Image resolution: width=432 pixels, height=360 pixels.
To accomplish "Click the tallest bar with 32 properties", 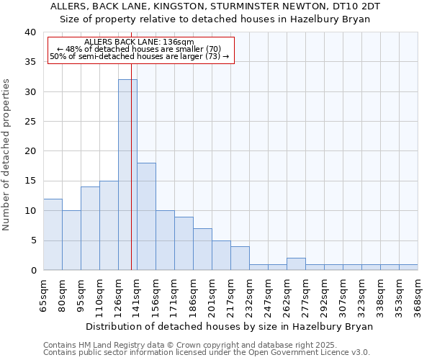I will (127, 175).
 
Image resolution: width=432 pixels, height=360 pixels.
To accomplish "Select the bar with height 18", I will (146, 216).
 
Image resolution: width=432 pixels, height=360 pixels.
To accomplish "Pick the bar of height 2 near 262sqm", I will (296, 264).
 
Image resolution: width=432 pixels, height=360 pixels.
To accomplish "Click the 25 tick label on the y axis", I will (30, 122).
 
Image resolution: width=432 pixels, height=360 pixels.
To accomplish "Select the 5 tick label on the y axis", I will (33, 240).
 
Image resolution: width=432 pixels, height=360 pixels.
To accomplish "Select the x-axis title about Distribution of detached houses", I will (229, 326).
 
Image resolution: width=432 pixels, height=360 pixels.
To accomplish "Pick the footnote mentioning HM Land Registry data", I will (189, 345).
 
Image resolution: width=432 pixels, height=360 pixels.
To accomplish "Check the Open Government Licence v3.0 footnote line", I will (206, 352).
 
